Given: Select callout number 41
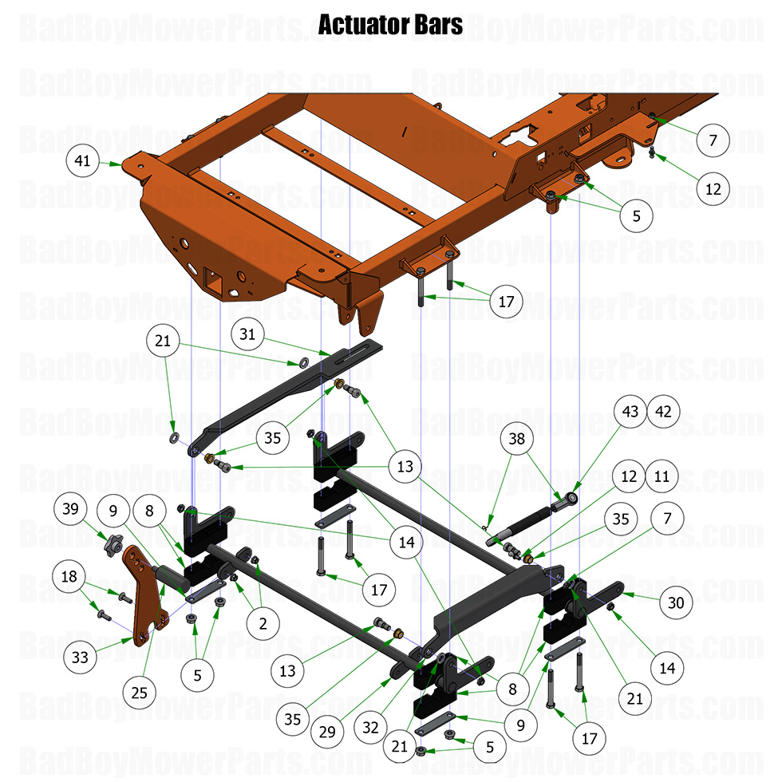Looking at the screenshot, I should click(x=82, y=161).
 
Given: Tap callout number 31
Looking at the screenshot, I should click(x=248, y=334).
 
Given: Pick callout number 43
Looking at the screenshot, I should click(x=631, y=413).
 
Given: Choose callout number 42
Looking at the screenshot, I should click(x=665, y=413).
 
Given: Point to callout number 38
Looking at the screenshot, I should click(x=518, y=438).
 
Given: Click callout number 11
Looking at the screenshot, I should click(x=662, y=476).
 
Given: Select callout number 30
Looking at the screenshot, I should click(x=676, y=603).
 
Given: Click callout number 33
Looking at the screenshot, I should click(x=81, y=658).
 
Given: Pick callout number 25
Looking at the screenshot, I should click(x=140, y=693).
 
